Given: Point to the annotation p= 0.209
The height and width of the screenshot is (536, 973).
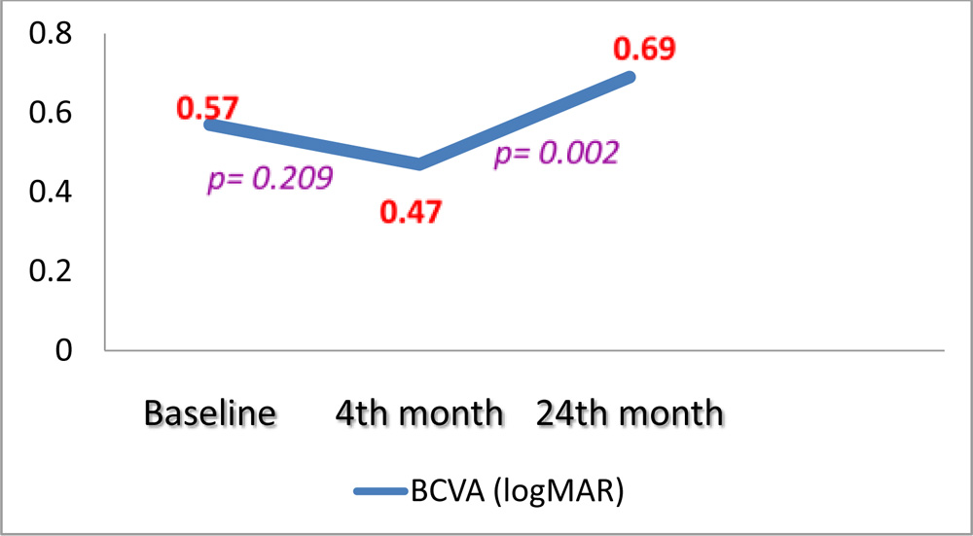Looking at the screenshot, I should click(x=270, y=179).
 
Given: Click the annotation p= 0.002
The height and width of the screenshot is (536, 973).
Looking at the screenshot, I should click(x=557, y=154).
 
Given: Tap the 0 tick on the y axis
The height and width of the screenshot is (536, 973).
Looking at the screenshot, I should click(x=63, y=350).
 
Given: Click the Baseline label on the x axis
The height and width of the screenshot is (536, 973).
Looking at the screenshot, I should click(x=210, y=412).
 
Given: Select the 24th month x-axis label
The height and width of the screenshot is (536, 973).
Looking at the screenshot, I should click(x=630, y=412).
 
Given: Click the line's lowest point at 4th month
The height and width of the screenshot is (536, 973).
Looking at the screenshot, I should click(x=419, y=163).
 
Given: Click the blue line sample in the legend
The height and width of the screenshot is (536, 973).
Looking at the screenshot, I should click(x=387, y=493).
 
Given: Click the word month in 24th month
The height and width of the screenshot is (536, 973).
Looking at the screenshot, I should click(x=672, y=412).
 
